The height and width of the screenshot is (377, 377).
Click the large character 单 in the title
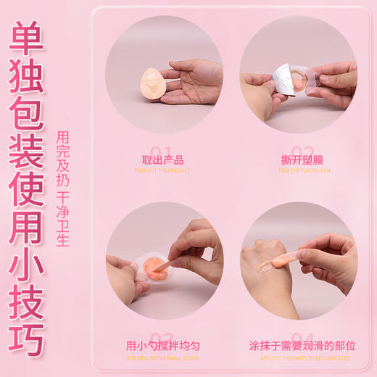tap(27, 36)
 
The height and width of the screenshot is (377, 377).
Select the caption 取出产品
tap(163, 161)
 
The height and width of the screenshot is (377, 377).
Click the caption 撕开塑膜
tap(298, 161)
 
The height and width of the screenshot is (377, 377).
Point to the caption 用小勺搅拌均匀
tap(162, 346)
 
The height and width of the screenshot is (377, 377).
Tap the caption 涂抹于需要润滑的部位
tap(297, 346)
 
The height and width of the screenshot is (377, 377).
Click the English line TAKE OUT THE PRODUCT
tap(162, 171)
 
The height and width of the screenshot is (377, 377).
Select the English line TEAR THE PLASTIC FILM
tap(298, 171)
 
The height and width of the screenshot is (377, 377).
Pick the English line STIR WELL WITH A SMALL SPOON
tap(162, 357)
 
